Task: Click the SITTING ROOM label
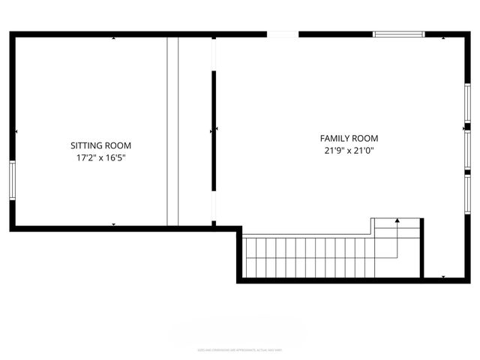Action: tap(100, 145)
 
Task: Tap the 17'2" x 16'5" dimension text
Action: tap(100, 158)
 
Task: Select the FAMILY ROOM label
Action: tap(349, 138)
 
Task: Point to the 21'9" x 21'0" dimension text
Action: tap(349, 151)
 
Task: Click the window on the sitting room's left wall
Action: tap(12, 180)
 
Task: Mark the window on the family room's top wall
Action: tap(399, 34)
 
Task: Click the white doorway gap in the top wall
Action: tap(283, 34)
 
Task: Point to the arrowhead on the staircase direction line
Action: tap(397, 221)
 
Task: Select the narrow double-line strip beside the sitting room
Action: tap(172, 130)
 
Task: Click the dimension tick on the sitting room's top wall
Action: tap(114, 38)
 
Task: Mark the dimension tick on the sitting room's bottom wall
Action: tap(114, 224)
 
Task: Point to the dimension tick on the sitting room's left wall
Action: tap(16, 132)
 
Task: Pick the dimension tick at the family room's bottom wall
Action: tap(443, 277)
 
